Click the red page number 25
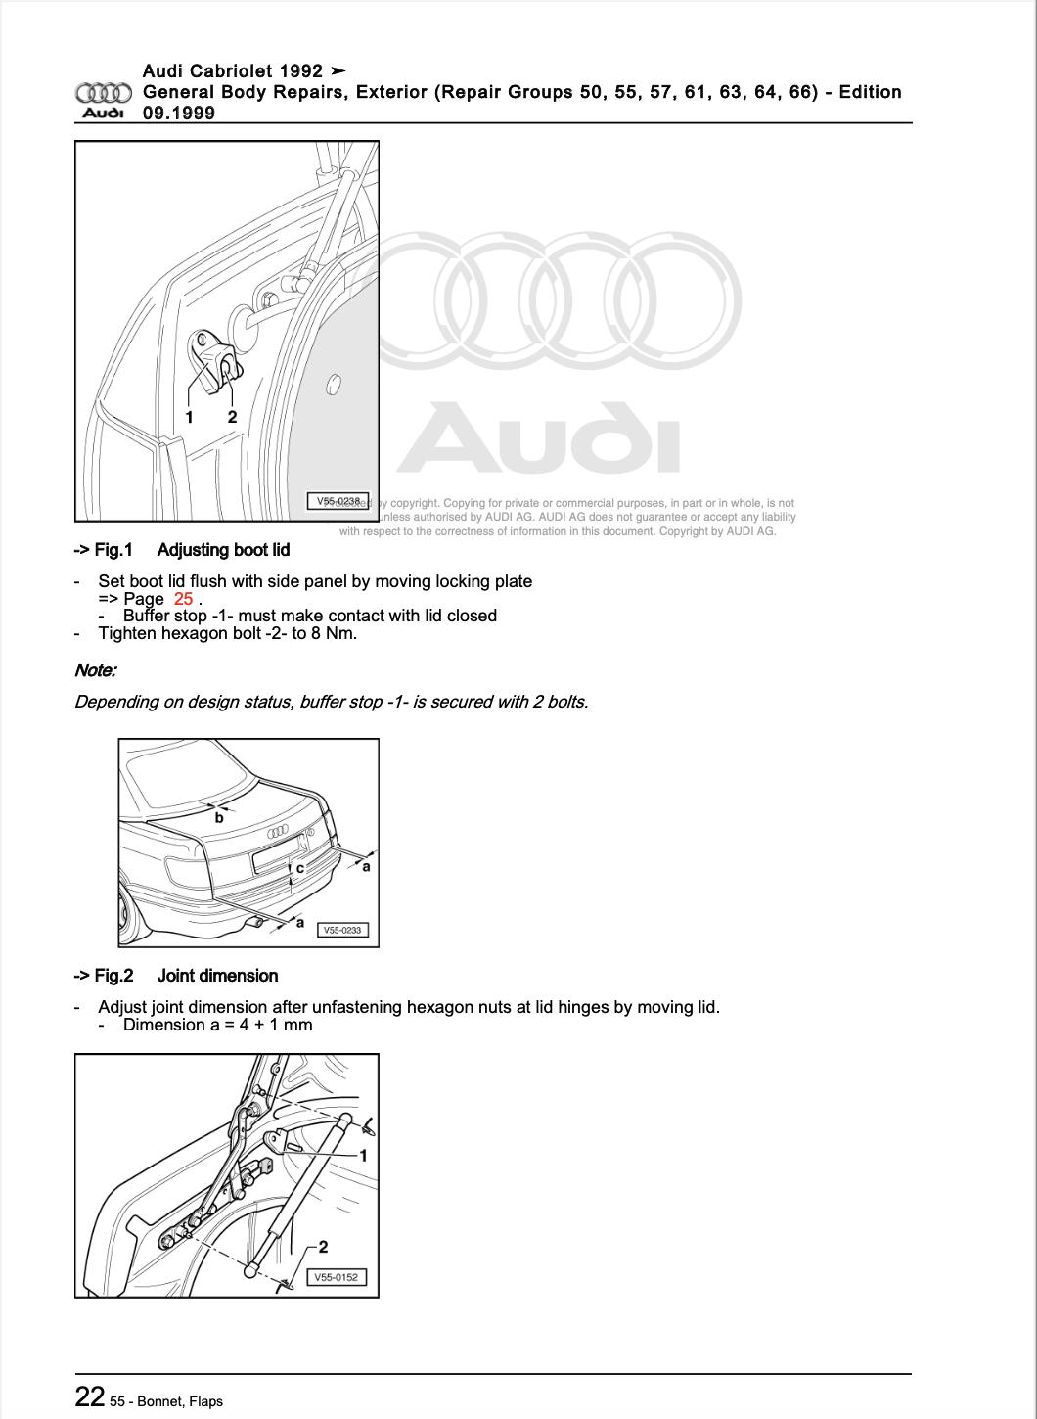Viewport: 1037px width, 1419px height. tap(183, 599)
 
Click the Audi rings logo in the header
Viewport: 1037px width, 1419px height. tap(104, 94)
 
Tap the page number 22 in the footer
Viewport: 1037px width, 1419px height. tap(90, 1396)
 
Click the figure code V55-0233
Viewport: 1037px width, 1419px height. tap(344, 930)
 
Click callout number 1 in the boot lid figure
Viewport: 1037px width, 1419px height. tap(190, 417)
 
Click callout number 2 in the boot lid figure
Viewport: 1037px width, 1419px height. tap(232, 417)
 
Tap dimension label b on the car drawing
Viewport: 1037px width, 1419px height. tap(219, 818)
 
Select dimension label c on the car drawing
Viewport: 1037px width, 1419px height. tap(300, 867)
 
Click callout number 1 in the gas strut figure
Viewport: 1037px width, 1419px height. tap(363, 1156)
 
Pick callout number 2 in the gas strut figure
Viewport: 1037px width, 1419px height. tap(323, 1247)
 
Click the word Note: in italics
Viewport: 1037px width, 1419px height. tap(95, 670)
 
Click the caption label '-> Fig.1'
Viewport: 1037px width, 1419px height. tap(103, 550)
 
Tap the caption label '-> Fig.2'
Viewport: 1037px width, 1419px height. tap(103, 976)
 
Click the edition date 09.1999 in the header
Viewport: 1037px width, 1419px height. tap(179, 113)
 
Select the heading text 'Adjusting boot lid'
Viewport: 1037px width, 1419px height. tap(223, 550)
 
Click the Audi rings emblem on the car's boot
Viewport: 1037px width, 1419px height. tap(279, 832)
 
